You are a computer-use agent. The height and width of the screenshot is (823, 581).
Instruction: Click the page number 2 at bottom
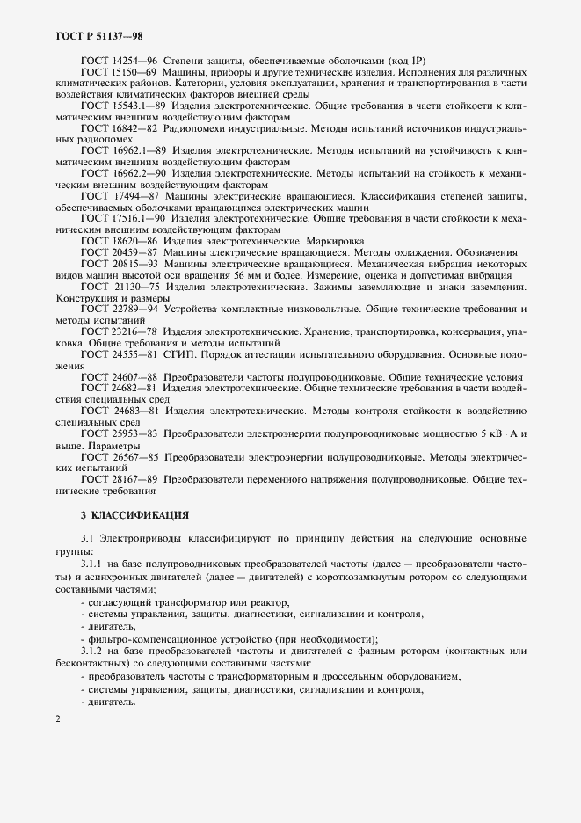pyautogui.click(x=57, y=720)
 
